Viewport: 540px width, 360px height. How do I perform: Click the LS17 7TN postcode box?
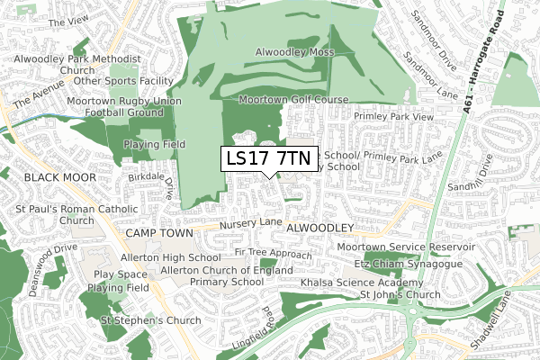pos(269,158)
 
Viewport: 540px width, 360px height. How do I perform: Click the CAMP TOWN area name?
pos(159,233)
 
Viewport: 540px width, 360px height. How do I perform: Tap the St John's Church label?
pos(400,295)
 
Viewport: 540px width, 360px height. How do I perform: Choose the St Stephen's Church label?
pos(150,320)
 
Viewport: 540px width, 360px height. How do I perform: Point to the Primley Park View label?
pos(393,117)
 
